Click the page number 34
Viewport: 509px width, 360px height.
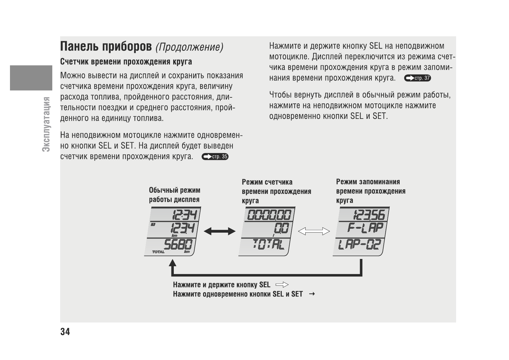65,332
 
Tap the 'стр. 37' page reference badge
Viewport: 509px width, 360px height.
417,78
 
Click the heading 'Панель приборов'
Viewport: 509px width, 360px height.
106,47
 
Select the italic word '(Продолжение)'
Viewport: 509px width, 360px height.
189,47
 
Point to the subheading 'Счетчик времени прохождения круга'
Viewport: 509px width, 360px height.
126,62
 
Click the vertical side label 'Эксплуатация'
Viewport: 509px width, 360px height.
46,124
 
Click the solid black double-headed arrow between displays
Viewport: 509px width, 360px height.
219,232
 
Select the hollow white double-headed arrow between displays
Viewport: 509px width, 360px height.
314,231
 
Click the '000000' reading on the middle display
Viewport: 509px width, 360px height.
269,215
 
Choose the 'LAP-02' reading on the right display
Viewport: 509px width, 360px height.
359,244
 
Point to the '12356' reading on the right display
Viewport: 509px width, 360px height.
369,215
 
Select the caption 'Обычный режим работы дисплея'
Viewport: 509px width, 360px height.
174,195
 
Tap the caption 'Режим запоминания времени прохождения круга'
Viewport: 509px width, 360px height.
371,191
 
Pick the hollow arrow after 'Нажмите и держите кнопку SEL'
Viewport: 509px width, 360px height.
282,285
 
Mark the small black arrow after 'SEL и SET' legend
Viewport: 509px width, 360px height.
312,294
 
